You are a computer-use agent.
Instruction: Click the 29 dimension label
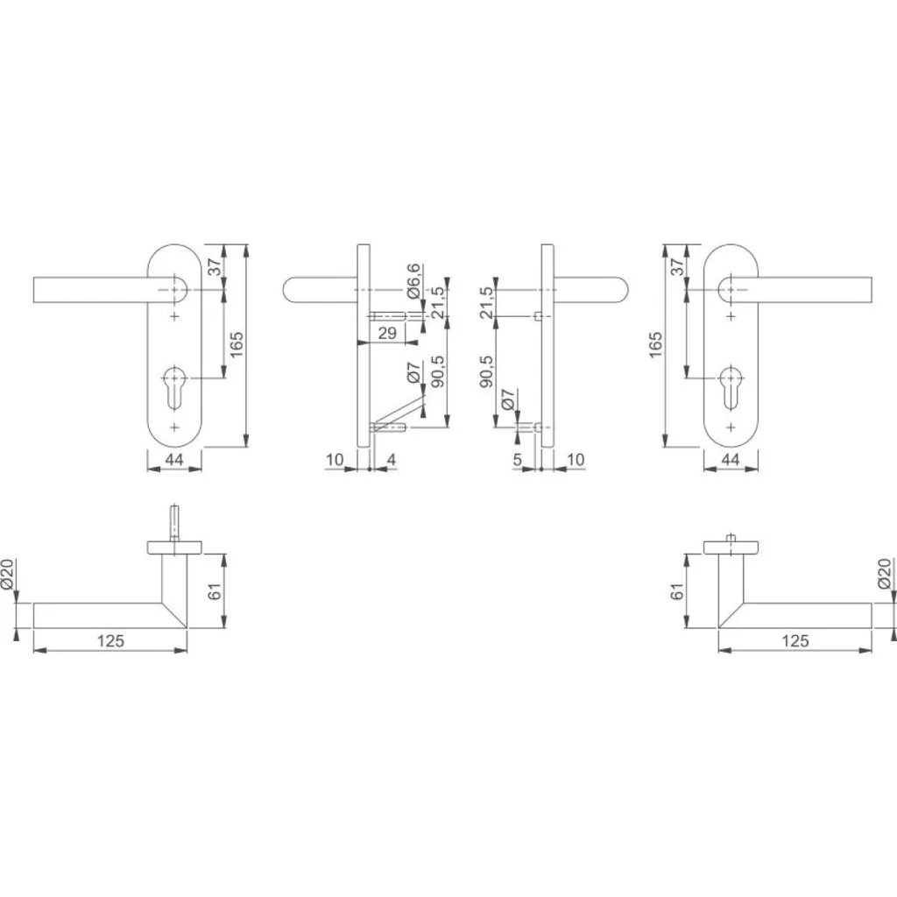(387, 333)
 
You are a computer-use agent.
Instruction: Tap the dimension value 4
(392, 459)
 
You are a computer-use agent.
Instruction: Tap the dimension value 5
(517, 459)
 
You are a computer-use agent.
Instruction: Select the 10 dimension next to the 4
(335, 459)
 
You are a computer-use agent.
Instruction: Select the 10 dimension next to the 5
(576, 459)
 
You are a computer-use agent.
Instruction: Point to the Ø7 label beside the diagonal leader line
(413, 372)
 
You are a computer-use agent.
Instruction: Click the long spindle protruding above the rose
(174, 522)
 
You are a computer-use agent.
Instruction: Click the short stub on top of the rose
(731, 538)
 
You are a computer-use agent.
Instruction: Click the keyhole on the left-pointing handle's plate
(174, 386)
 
